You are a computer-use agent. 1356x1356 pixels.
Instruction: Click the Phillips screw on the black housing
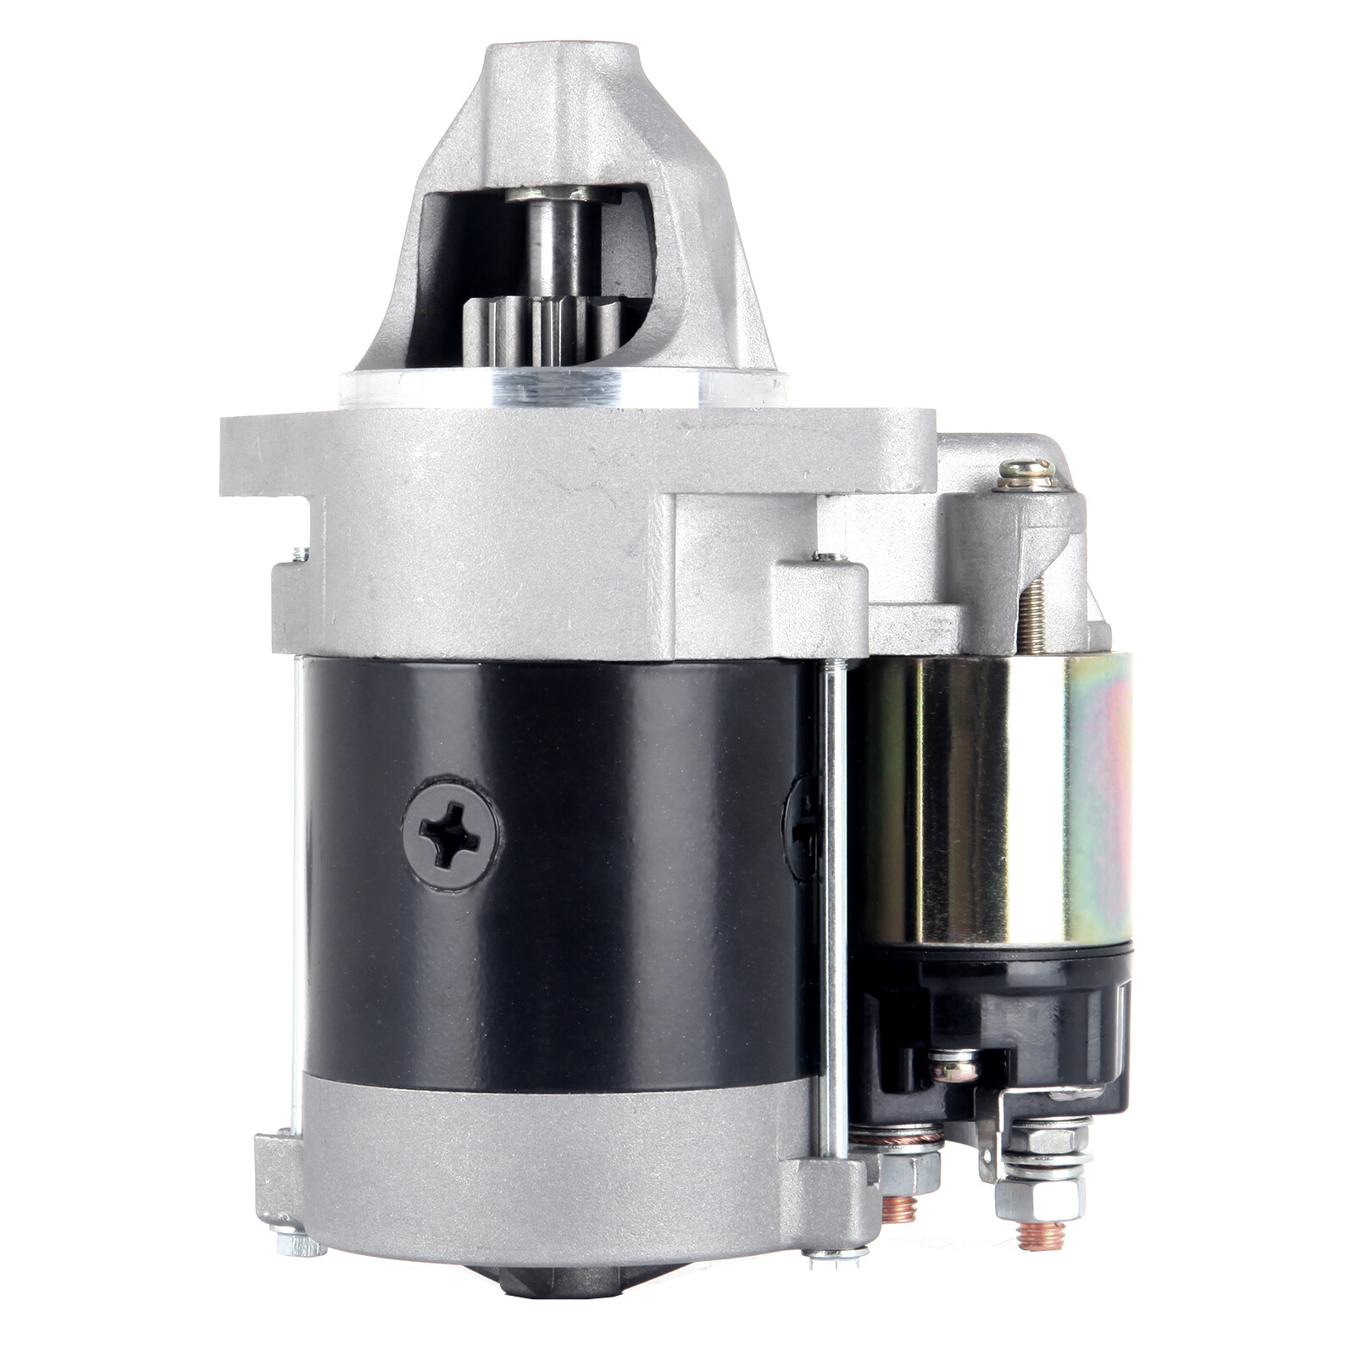pyautogui.click(x=451, y=834)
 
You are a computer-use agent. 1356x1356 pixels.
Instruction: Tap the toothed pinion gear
pyautogui.click(x=542, y=335)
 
